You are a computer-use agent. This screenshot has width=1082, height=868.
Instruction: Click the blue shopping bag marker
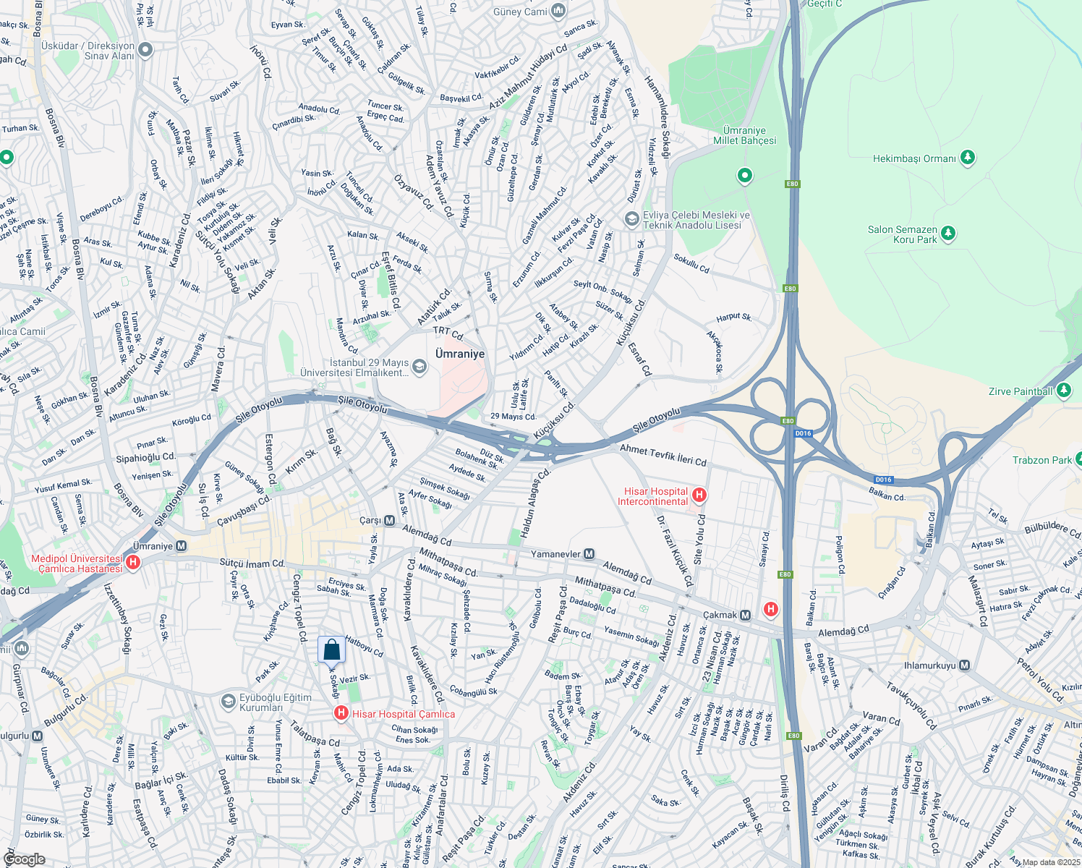(331, 650)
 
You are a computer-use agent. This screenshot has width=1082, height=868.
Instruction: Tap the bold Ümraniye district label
(460, 354)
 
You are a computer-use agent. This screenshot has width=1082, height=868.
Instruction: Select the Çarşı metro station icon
(389, 521)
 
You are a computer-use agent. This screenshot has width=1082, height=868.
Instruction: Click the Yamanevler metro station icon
(589, 554)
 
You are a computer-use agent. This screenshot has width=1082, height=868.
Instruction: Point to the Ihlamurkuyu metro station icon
(964, 665)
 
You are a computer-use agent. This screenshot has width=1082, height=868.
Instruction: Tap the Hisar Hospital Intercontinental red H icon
(699, 495)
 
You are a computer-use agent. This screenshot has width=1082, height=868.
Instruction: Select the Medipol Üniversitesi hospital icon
(132, 563)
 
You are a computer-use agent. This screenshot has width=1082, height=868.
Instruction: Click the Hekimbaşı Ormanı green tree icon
(968, 158)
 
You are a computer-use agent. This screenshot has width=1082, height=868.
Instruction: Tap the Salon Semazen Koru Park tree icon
(948, 234)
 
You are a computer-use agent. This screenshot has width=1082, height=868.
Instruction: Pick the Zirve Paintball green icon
(1063, 391)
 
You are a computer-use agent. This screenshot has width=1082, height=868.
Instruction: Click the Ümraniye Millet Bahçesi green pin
(744, 176)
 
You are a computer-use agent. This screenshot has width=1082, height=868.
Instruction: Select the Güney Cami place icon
(558, 11)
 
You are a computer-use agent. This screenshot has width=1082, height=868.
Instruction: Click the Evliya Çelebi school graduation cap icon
(632, 219)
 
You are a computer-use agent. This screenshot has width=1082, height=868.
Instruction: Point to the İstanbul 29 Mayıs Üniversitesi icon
(419, 367)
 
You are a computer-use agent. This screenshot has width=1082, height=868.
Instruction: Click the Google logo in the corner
(24, 859)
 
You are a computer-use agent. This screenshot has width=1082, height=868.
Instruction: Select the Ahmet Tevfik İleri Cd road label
(663, 455)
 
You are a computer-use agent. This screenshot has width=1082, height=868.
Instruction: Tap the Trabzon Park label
(1041, 460)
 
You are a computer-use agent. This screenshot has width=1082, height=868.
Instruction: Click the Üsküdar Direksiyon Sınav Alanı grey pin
(145, 50)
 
